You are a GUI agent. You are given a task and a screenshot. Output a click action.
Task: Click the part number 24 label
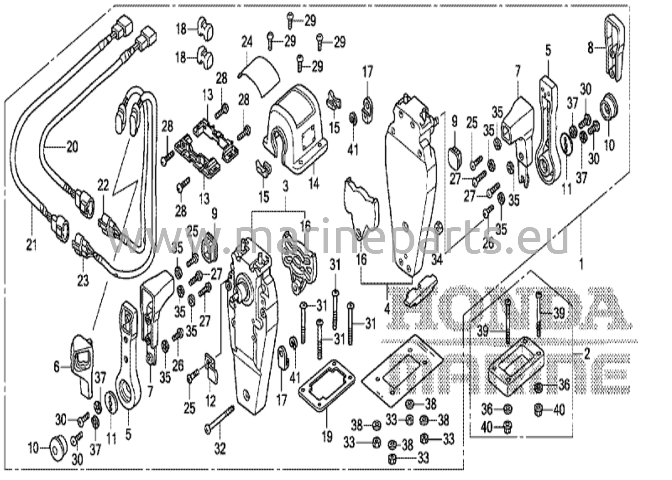[247, 42]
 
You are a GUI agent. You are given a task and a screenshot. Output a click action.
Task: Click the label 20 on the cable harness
[72, 146]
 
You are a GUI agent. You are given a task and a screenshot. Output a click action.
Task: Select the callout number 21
[31, 244]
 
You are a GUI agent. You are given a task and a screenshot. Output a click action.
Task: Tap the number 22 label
[103, 186]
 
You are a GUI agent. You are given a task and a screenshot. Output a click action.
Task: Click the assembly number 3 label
[285, 187]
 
